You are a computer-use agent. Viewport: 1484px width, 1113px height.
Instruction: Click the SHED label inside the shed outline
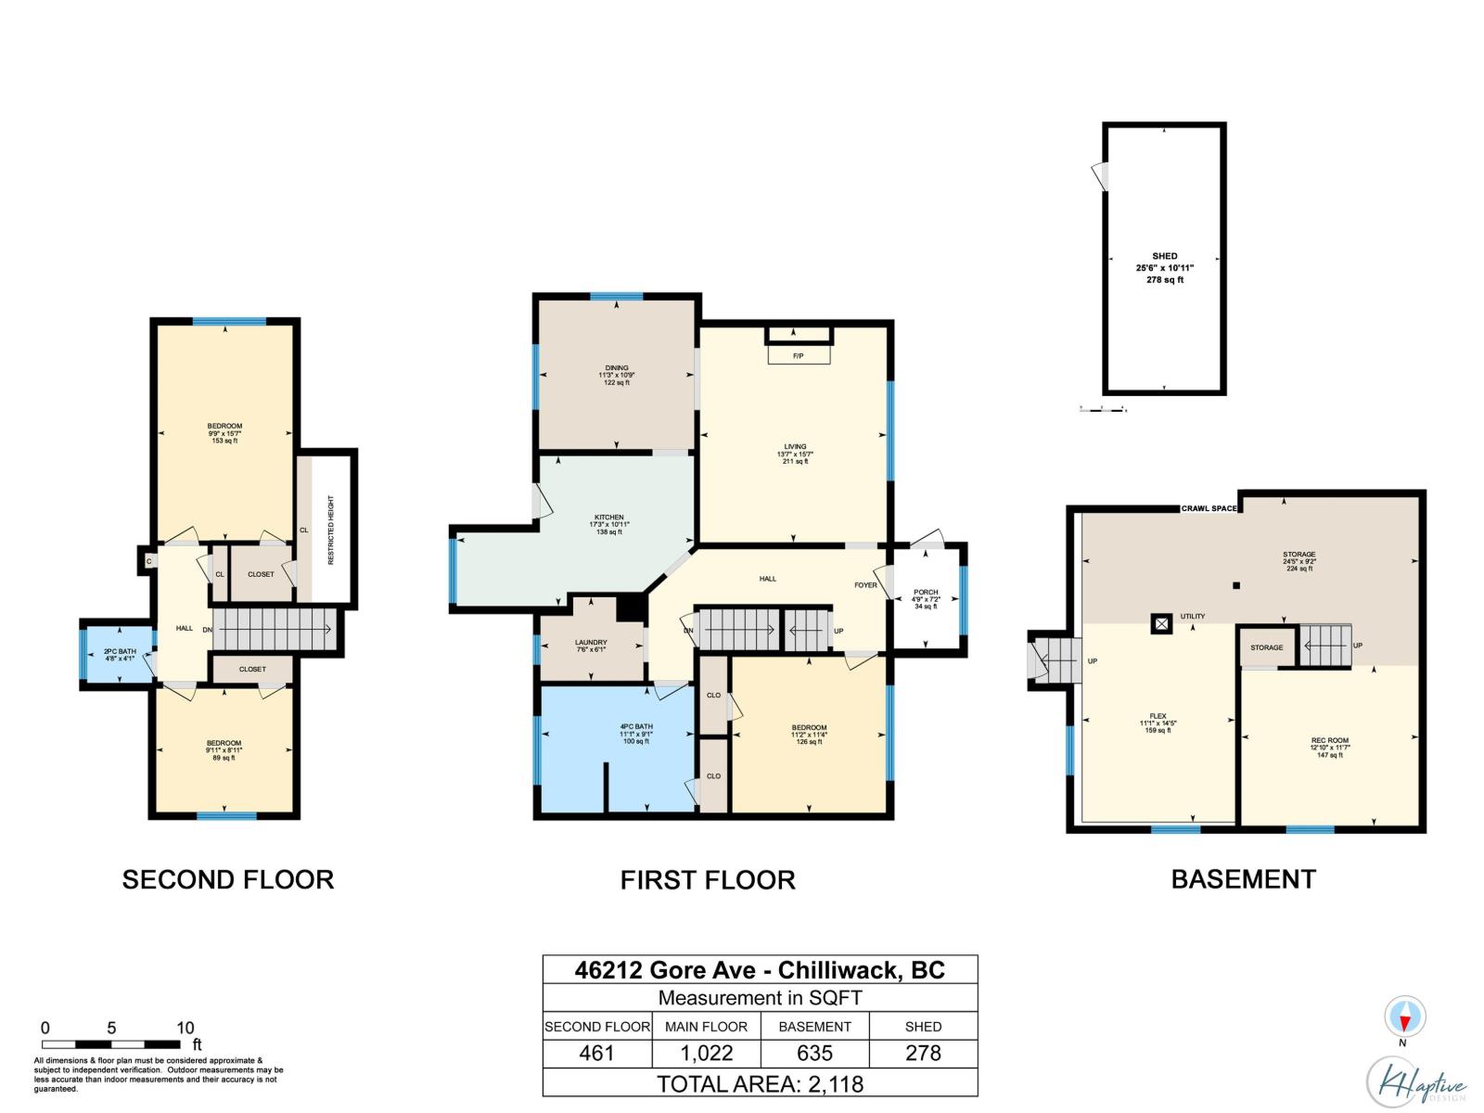(1165, 256)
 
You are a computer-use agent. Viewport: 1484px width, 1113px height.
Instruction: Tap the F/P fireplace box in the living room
(799, 355)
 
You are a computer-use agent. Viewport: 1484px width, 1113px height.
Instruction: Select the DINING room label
(617, 368)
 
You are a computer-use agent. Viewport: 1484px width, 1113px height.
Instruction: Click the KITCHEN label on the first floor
(609, 518)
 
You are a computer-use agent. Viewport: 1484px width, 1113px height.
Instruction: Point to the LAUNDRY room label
(591, 642)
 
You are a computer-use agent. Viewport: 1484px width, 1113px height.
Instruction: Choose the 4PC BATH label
(636, 726)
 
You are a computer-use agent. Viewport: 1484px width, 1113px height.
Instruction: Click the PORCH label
(926, 592)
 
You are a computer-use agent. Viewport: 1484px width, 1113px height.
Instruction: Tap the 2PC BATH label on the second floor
(120, 651)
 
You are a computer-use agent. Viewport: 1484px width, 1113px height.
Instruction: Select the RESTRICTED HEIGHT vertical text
(331, 530)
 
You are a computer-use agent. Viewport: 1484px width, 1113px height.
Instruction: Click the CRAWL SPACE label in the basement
(1209, 508)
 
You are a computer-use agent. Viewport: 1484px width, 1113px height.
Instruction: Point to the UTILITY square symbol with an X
(1161, 623)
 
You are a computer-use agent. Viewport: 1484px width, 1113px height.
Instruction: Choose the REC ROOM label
(1330, 740)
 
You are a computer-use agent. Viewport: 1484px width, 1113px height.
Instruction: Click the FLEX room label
(1158, 716)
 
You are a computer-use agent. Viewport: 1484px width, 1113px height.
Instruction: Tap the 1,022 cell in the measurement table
(706, 1054)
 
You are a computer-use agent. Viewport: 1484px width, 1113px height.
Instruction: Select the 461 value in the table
(596, 1054)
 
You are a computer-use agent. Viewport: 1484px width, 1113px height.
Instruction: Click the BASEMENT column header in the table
(814, 1027)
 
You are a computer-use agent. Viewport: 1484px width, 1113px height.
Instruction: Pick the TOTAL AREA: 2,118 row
(760, 1083)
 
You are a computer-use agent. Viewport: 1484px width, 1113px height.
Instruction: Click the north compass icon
(1403, 1018)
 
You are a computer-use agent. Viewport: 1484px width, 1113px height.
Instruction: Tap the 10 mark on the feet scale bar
(185, 1028)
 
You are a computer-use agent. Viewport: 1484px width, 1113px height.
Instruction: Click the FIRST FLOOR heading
(708, 879)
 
